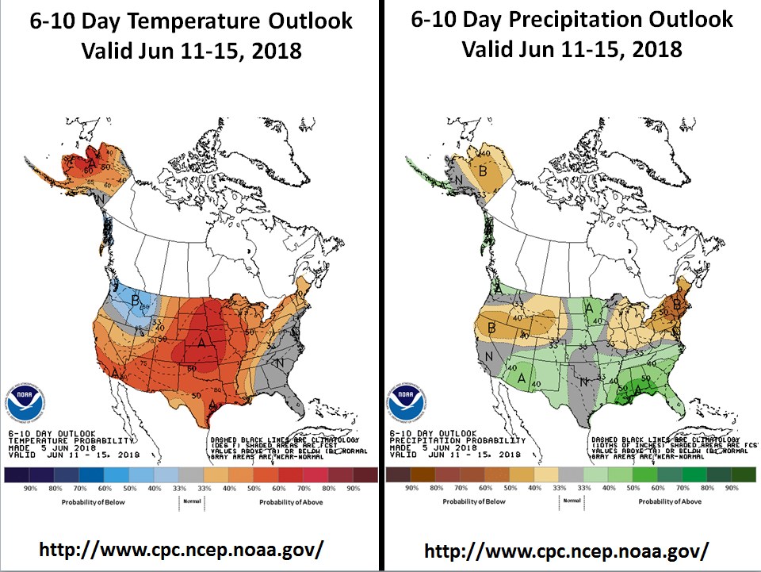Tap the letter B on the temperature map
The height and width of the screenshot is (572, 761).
tap(136, 300)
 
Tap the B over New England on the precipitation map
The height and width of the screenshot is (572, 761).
tap(677, 303)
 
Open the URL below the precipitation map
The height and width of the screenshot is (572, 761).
tap(565, 551)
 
